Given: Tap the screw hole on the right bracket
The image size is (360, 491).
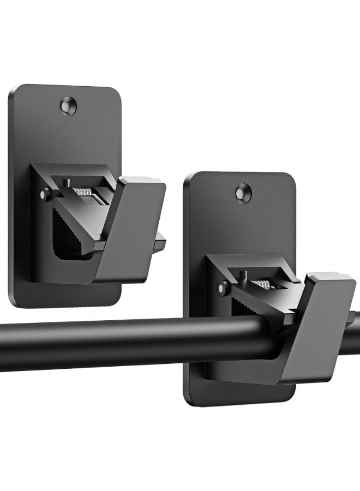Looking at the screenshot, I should (x=243, y=193).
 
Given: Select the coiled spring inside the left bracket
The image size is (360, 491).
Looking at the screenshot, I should (x=84, y=192).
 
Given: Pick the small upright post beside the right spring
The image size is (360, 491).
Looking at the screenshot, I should (x=244, y=274).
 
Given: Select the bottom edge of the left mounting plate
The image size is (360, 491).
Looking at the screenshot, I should (x=65, y=304).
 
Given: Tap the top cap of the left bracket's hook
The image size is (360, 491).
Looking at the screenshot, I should (x=143, y=182).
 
